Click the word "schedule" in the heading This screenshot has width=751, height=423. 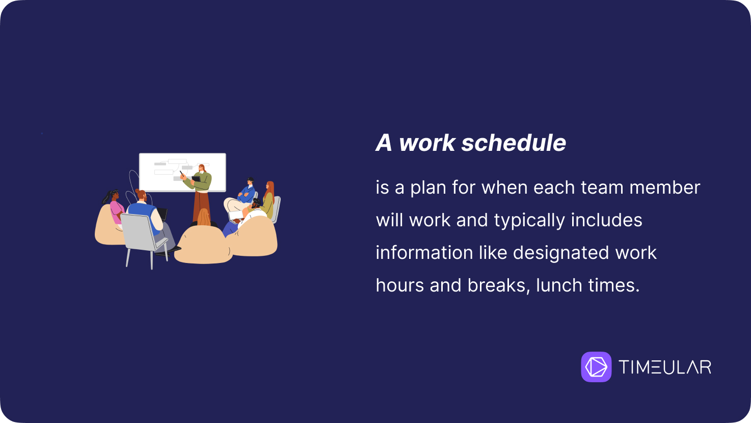[514, 143]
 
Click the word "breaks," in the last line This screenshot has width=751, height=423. [498, 285]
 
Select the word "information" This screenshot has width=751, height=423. [424, 253]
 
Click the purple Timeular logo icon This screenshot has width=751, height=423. [596, 366]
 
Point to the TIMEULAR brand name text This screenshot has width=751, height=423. [664, 367]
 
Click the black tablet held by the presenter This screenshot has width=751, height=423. [196, 179]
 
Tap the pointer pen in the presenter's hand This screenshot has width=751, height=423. [182, 174]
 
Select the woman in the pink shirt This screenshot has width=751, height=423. [114, 208]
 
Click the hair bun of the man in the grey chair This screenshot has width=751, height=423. [138, 191]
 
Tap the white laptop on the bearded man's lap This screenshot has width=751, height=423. [236, 215]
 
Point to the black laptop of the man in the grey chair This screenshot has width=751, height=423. [163, 214]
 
